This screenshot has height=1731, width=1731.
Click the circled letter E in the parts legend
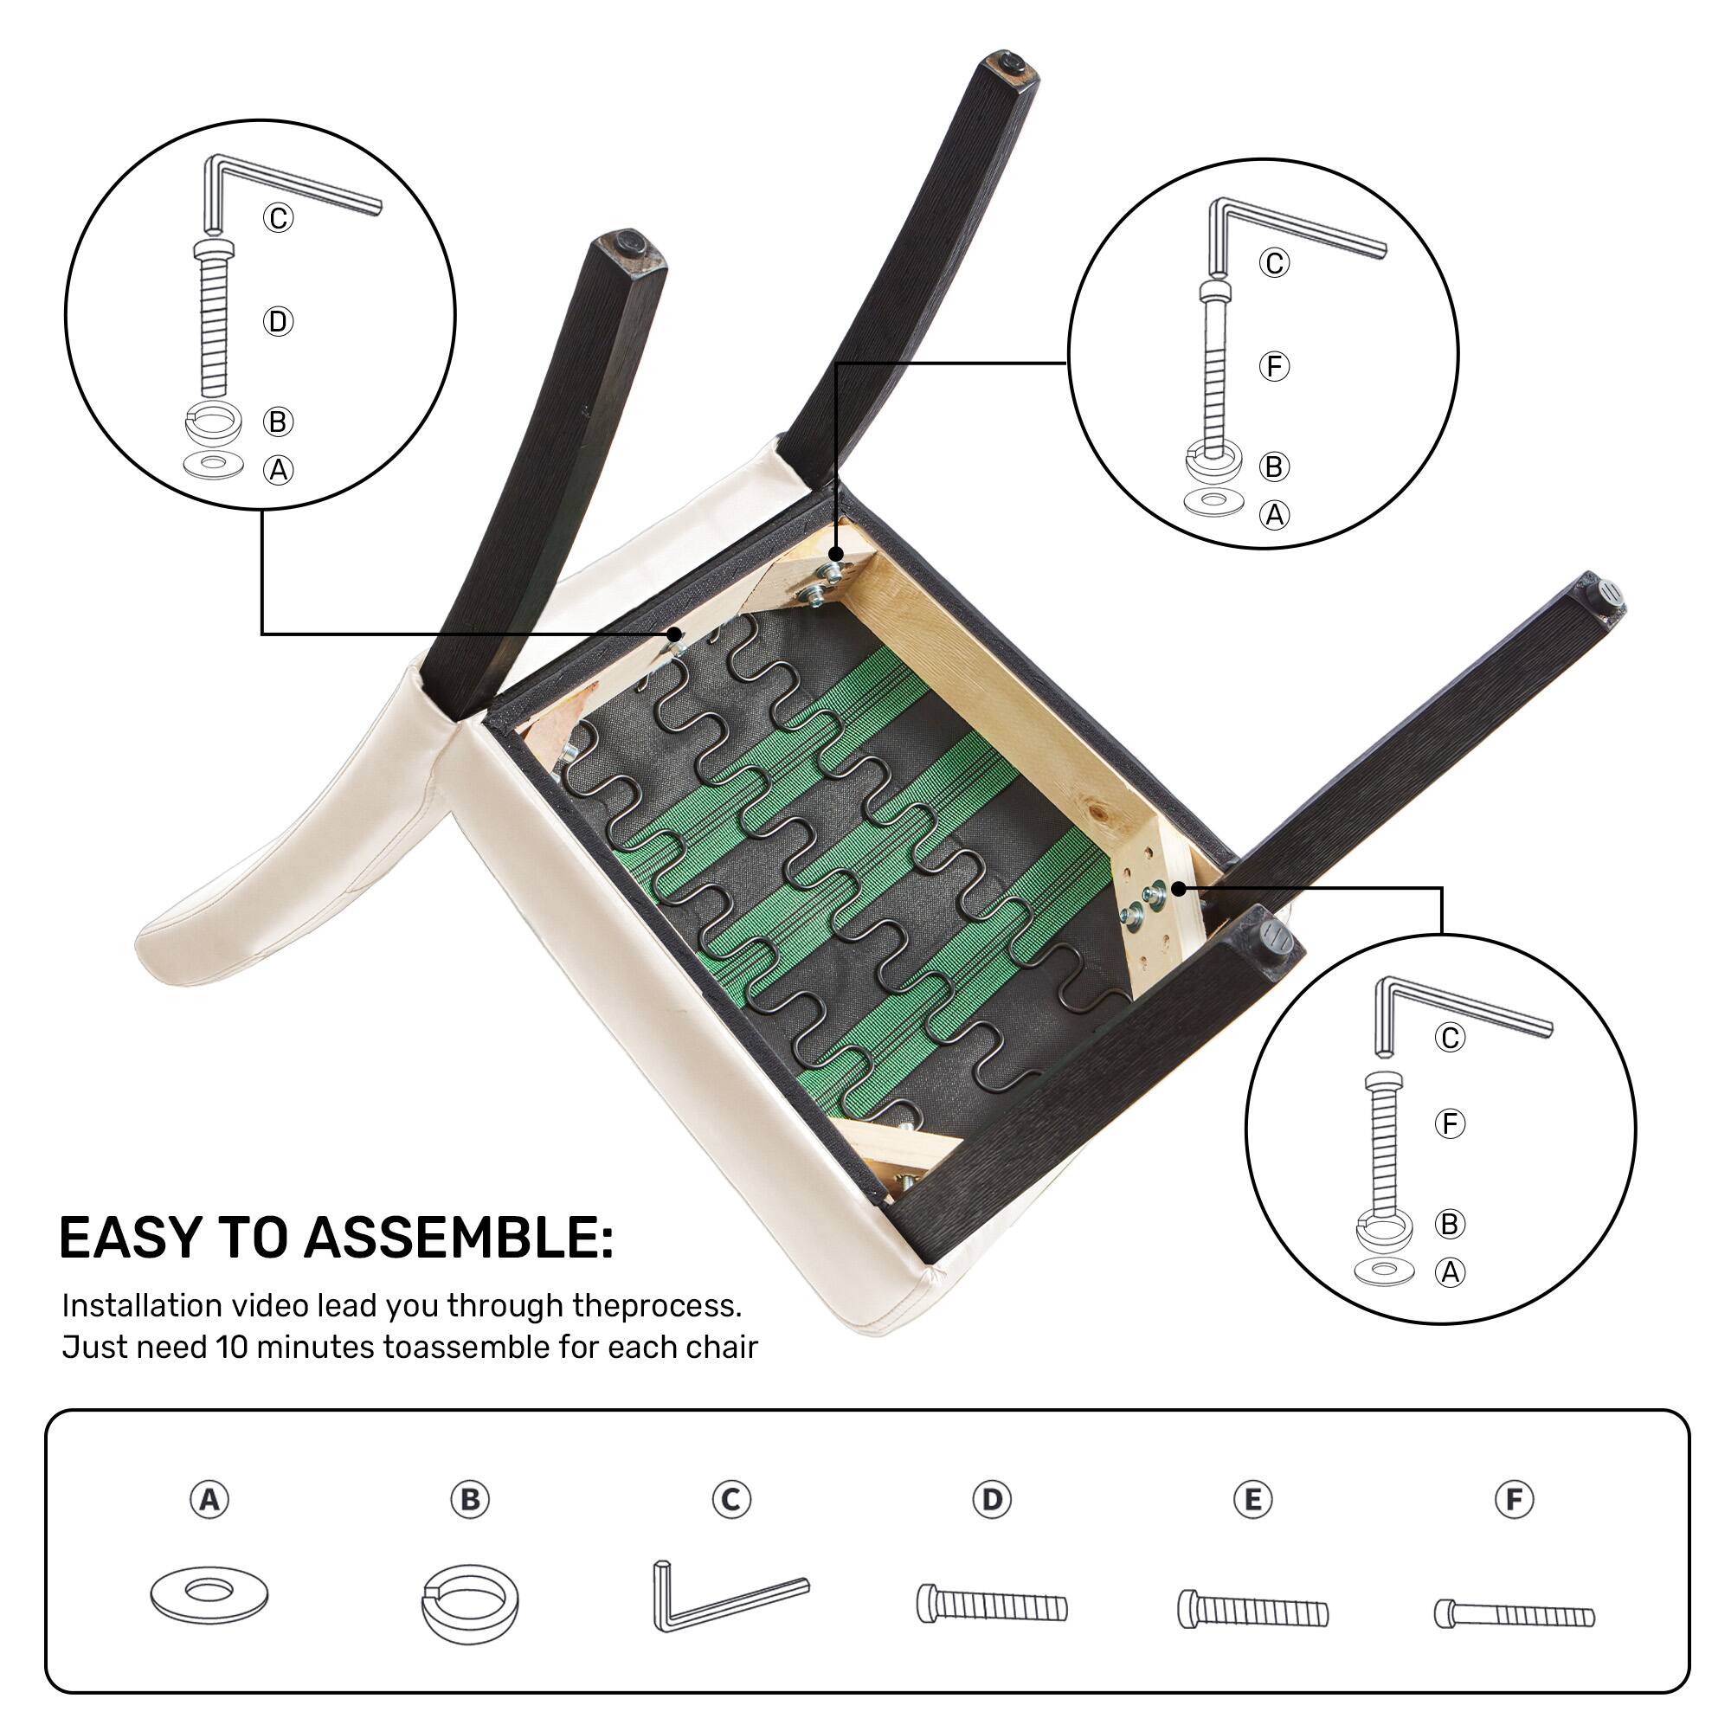click(1252, 1499)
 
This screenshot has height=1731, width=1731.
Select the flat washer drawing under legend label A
click(209, 1594)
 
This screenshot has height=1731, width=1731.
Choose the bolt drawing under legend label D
click(992, 1604)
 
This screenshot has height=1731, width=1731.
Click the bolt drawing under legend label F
click(1514, 1614)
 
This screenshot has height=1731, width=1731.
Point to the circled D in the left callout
click(278, 322)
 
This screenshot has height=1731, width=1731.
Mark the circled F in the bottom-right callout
click(1449, 1123)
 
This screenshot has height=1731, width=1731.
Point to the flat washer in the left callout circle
click(212, 464)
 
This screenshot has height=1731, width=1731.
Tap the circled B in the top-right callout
click(1273, 467)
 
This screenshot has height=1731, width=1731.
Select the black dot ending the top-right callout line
click(835, 555)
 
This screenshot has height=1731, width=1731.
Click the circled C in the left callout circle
click(278, 218)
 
